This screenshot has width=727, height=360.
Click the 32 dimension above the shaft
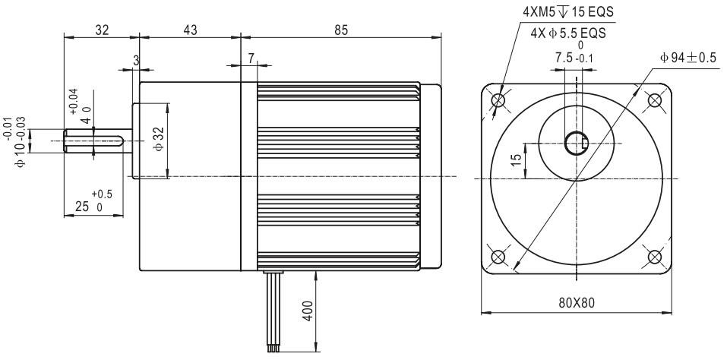tap(102, 30)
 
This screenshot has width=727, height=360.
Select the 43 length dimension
tap(190, 30)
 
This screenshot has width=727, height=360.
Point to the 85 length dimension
tap(340, 30)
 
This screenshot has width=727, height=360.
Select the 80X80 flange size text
tap(577, 302)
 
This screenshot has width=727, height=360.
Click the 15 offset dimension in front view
tap(516, 159)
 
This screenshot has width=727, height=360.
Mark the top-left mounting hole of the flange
tap(498, 100)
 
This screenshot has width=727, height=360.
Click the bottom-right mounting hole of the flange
tap(654, 255)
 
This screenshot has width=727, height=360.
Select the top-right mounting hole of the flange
tap(654, 100)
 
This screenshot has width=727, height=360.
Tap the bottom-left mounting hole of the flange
tap(498, 255)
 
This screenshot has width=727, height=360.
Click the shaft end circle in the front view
tap(576, 143)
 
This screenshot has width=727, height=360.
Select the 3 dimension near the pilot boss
tap(136, 59)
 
